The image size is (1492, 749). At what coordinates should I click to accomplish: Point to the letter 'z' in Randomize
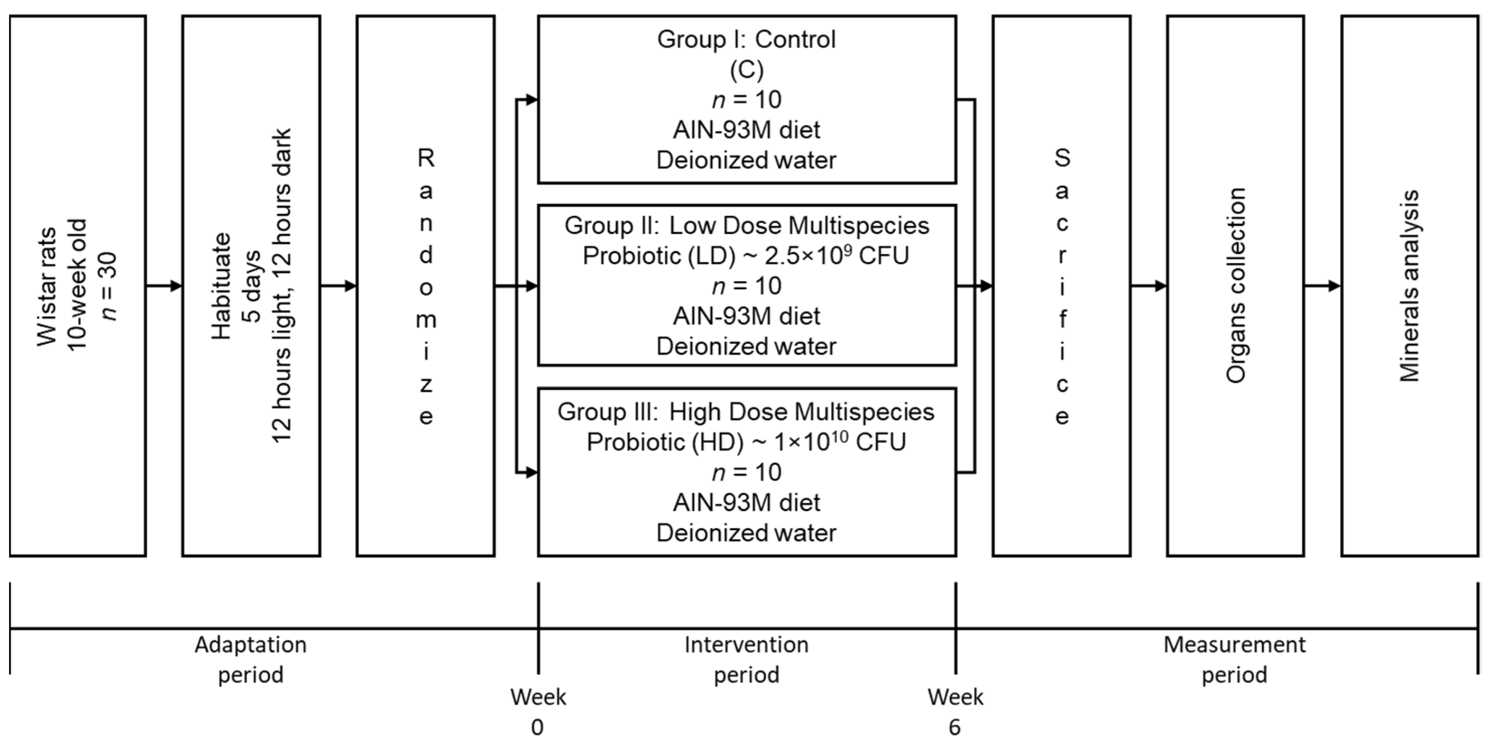click(x=426, y=385)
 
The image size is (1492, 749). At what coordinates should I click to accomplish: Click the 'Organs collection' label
click(x=1235, y=286)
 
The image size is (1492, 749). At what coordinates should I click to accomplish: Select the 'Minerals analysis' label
click(x=1409, y=286)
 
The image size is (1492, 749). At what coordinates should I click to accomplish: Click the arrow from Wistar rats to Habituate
click(x=164, y=286)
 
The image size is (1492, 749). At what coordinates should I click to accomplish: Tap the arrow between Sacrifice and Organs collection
click(x=1149, y=286)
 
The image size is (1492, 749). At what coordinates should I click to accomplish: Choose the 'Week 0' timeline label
click(x=538, y=711)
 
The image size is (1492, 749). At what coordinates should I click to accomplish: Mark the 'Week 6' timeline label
click(x=955, y=711)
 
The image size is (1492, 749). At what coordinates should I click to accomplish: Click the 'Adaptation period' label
click(x=250, y=659)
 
